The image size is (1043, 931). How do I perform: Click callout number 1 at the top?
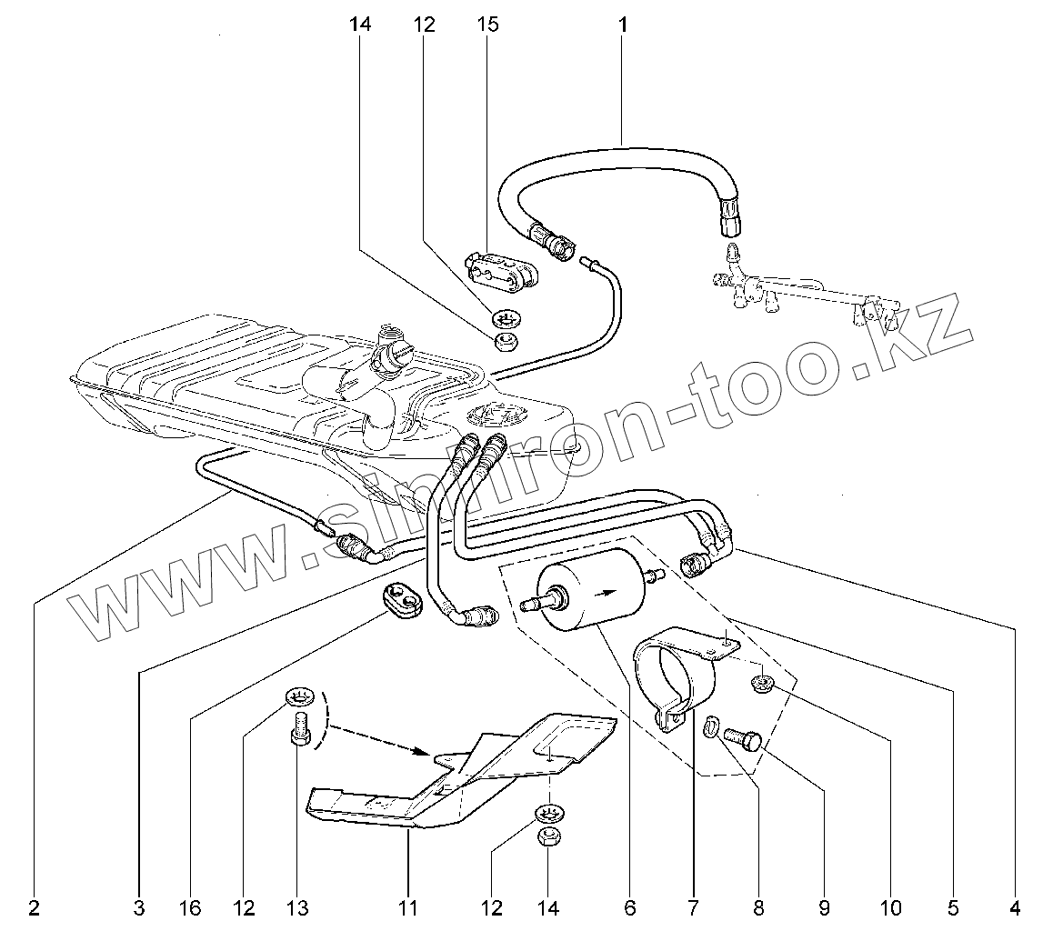623,25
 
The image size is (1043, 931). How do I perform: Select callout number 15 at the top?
487,25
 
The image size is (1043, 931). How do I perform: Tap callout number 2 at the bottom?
34,906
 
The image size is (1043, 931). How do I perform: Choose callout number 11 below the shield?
407,906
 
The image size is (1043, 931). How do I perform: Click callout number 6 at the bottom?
630,906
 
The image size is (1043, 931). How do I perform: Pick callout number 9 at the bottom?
824,906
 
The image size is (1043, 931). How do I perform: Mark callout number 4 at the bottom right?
1016,906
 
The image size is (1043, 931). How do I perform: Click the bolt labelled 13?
301,731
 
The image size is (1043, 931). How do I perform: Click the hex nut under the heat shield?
548,837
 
